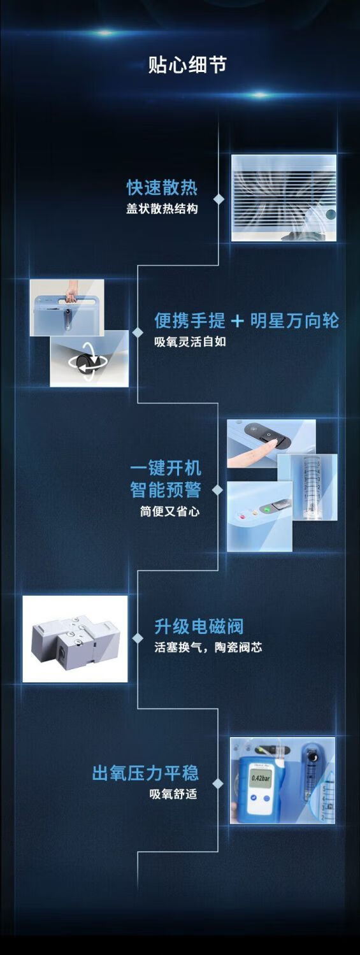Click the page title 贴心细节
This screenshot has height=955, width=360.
[x=187, y=65]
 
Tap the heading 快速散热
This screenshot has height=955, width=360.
[x=162, y=187]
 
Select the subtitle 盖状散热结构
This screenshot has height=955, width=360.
[x=162, y=209]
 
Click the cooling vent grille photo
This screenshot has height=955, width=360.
[x=284, y=198]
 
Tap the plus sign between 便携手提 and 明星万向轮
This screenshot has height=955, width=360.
[x=237, y=321]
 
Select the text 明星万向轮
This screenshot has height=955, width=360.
[x=294, y=320]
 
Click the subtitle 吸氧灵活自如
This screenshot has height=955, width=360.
[x=191, y=342]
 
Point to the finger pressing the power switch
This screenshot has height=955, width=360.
[x=252, y=452]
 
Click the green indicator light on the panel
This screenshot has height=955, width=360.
[x=267, y=508]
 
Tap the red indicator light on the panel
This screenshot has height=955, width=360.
[x=243, y=517]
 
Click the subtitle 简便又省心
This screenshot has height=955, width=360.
[x=169, y=511]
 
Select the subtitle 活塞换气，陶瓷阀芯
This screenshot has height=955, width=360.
[x=208, y=648]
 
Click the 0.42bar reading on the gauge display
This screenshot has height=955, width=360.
[x=261, y=778]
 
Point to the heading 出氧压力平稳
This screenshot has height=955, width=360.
[x=145, y=773]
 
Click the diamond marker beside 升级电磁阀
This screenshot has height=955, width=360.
[x=138, y=638]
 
